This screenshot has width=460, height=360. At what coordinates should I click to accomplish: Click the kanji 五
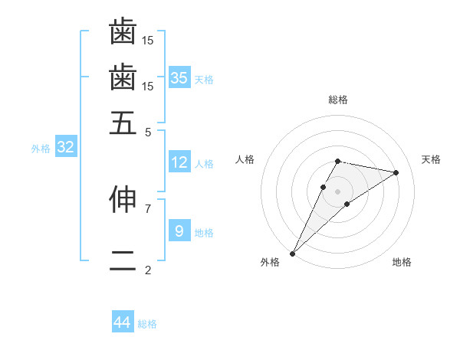(123, 123)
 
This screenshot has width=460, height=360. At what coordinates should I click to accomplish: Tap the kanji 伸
(123, 199)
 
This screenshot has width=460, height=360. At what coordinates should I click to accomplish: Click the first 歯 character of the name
(123, 32)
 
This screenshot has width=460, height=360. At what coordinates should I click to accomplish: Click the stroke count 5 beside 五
(148, 131)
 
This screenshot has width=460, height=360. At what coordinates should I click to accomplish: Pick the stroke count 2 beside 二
(148, 270)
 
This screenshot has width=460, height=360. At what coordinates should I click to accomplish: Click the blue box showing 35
(179, 77)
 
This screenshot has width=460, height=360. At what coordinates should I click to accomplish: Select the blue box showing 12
(179, 162)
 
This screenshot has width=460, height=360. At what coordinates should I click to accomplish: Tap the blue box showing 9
(179, 231)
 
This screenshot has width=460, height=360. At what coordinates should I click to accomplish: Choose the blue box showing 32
(65, 148)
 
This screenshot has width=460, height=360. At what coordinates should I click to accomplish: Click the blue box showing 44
(123, 322)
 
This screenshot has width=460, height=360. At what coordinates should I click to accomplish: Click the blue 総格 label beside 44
(147, 324)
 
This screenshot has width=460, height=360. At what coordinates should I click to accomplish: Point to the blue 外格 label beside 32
(40, 149)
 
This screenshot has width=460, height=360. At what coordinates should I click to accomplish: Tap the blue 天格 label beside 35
(204, 79)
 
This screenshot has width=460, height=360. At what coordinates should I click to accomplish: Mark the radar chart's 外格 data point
(292, 254)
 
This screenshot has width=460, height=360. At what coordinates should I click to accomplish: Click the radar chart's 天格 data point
(396, 173)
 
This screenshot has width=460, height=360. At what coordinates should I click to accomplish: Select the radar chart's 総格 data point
(337, 161)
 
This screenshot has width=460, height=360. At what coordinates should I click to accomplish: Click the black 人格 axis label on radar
(245, 159)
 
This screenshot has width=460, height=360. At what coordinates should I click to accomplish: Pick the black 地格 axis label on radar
(402, 262)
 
